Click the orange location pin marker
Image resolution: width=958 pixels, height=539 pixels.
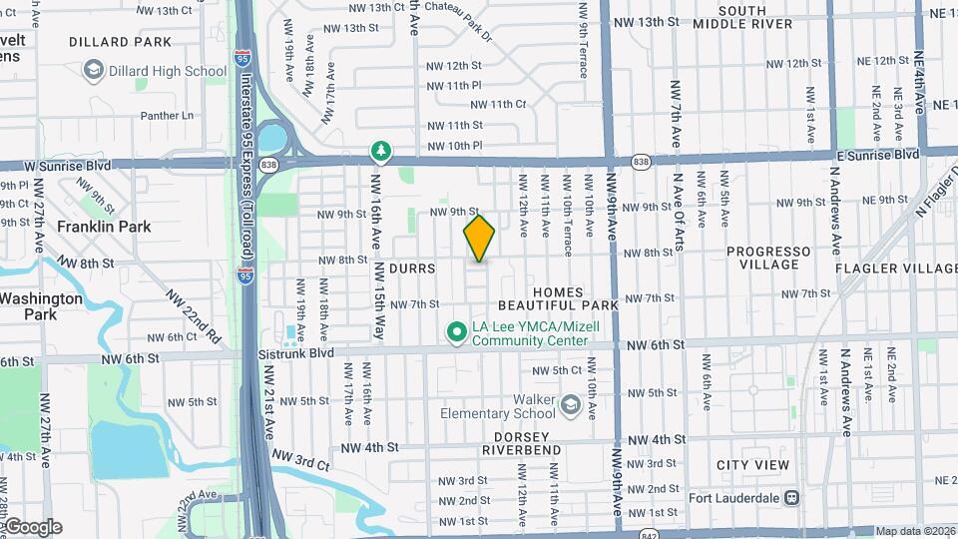click(479, 239)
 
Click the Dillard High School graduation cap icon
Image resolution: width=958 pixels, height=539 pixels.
click(94, 71)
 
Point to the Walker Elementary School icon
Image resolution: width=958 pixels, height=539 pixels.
click(570, 403)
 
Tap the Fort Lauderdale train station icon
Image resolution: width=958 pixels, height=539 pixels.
click(791, 496)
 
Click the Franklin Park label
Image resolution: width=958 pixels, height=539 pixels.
click(104, 227)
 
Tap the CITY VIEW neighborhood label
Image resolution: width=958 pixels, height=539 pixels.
click(752, 465)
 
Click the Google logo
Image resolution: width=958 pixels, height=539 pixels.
click(34, 526)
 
